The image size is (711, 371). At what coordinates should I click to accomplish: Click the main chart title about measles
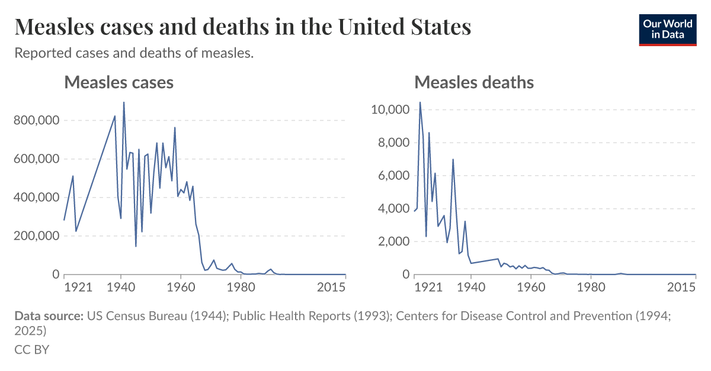(242, 27)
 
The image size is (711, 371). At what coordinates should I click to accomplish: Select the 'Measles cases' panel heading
(118, 82)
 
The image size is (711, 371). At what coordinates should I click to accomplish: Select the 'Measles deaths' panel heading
(474, 82)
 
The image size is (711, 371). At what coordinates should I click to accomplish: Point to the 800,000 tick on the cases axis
(36, 120)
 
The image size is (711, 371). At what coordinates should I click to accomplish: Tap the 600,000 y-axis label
(36, 159)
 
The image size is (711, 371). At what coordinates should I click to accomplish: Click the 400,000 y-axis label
(36, 197)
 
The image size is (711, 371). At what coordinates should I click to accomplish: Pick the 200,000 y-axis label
(36, 235)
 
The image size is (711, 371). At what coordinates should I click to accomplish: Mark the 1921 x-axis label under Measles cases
(78, 287)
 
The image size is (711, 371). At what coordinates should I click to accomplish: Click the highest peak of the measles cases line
(124, 102)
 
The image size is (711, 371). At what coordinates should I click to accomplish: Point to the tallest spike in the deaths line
(420, 102)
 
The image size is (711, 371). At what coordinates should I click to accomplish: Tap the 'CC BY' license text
(31, 349)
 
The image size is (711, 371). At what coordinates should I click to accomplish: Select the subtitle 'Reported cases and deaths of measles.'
(134, 53)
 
